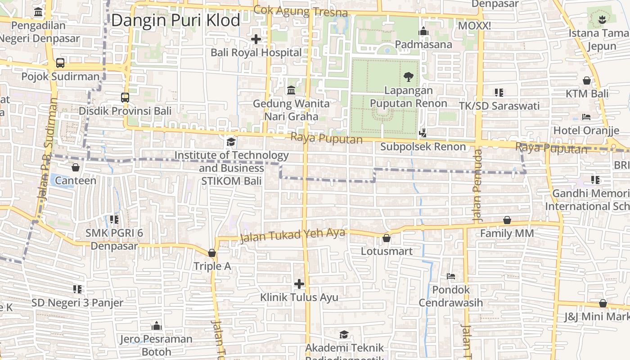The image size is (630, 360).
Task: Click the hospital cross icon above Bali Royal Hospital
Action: tap(256, 39)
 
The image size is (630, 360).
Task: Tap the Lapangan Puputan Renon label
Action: tap(408, 97)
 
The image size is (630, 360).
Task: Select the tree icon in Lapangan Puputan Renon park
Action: tap(408, 77)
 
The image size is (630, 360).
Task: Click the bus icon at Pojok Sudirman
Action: tap(60, 63)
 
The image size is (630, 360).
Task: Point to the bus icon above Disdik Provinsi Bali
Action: tap(125, 97)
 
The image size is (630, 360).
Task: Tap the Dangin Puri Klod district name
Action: tap(175, 20)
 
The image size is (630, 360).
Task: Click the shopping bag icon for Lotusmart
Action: tap(386, 238)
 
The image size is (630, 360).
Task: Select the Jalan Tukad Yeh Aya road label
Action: tap(292, 235)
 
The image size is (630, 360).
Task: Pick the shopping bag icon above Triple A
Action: tap(212, 253)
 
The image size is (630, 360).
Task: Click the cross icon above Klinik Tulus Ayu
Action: tap(299, 284)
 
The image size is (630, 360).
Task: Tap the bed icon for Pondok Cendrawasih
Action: tap(451, 276)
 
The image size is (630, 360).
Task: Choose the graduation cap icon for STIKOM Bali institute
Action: tap(231, 142)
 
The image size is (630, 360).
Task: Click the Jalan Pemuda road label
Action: tap(477, 184)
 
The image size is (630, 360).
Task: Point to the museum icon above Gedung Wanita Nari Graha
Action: tap(291, 90)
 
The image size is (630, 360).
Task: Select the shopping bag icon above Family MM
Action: tap(507, 220)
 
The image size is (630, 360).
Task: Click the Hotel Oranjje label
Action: tap(586, 130)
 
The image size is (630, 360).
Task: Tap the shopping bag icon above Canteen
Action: tap(76, 167)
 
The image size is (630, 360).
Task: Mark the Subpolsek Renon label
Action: tap(423, 147)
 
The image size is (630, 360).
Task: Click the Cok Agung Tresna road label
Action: tap(301, 11)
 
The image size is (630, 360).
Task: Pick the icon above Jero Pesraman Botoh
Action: tap(156, 326)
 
